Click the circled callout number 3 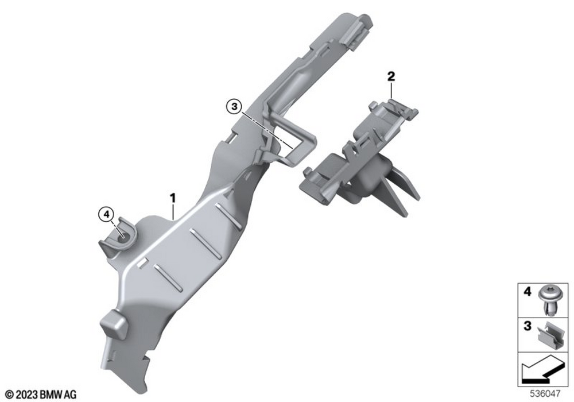[234, 107]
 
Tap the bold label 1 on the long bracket [172, 199]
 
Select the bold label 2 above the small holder [391, 77]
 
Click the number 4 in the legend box [527, 291]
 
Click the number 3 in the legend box [527, 326]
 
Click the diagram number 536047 [545, 394]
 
